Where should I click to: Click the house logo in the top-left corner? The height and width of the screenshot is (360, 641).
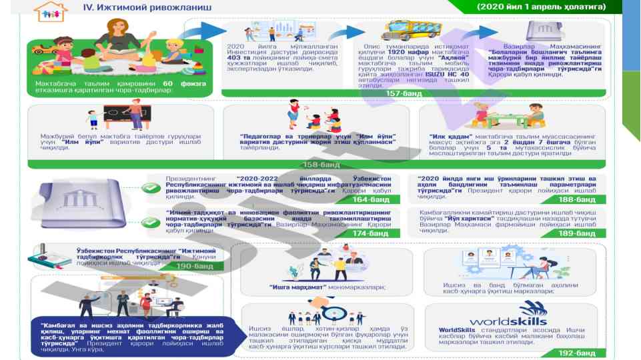click(x=46, y=11)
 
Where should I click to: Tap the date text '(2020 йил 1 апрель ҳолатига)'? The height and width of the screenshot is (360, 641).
click(x=541, y=7)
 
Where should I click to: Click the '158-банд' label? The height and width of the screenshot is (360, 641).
click(x=322, y=164)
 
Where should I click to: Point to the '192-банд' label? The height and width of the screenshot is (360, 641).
click(x=577, y=353)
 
